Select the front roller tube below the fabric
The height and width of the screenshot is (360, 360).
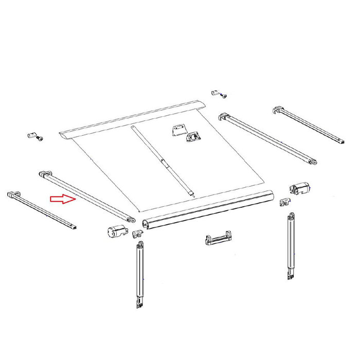pos(208,210)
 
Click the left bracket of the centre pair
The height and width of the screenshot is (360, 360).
pos(178,130)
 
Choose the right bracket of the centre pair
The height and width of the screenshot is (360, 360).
pos(194,136)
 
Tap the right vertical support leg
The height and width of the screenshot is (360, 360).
pos(291,242)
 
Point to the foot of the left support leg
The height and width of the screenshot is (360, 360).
pos(139,304)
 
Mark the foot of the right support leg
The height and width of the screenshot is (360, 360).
pos(290,276)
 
